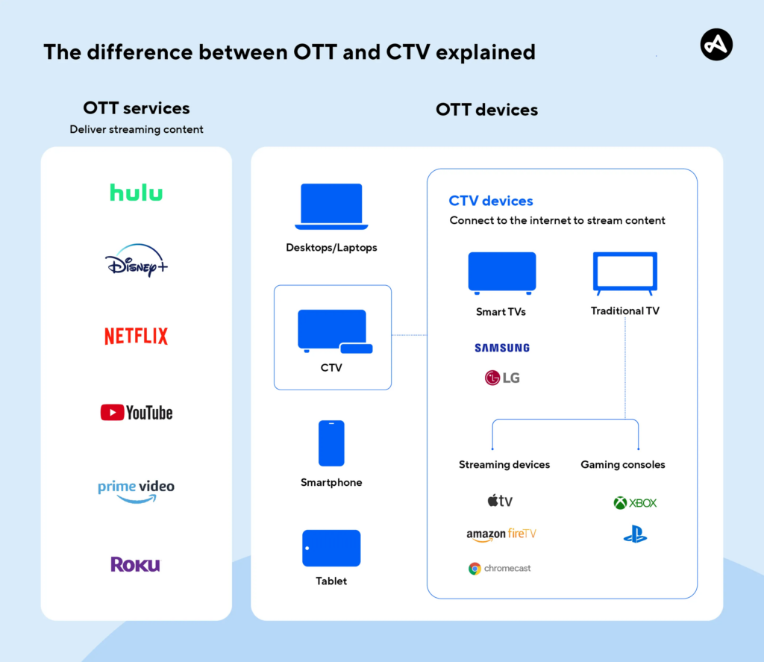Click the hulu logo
coord(136,193)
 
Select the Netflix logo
coord(136,336)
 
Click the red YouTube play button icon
coord(111,412)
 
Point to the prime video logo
coord(136,490)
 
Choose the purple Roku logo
coord(135,564)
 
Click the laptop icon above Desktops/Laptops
coord(331,207)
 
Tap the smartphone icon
coord(331,443)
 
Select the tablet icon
coord(331,549)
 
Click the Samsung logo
coord(502,348)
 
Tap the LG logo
coord(502,378)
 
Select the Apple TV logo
coord(501,501)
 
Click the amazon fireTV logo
coord(501,534)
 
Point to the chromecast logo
coord(500,569)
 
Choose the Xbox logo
coord(635,503)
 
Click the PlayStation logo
coord(635,534)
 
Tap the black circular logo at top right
coord(716,46)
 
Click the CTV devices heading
coord(491,201)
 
